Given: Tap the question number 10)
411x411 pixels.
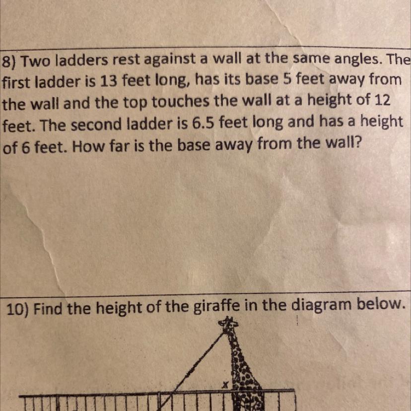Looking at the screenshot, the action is click(18, 309).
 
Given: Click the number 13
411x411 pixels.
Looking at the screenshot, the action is click(108, 81).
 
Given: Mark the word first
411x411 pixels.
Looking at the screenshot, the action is click(18, 82).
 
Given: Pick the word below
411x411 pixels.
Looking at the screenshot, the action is click(380, 304).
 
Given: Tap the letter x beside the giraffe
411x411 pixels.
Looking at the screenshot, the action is click(225, 385).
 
